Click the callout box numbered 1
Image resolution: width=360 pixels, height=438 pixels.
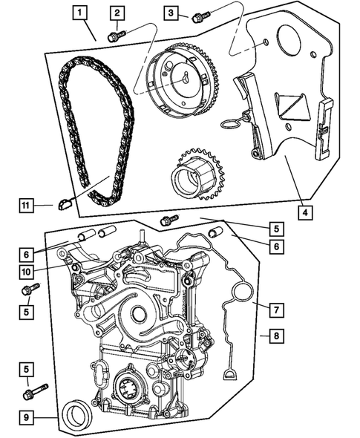(x=79, y=12)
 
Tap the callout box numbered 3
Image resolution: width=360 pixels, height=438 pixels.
(x=171, y=13)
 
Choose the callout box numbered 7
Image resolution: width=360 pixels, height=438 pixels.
(x=274, y=307)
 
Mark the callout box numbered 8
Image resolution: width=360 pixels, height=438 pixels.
(x=274, y=336)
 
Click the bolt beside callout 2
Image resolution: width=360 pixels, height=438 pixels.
(x=115, y=35)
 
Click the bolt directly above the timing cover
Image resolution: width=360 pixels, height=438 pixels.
(x=169, y=220)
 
